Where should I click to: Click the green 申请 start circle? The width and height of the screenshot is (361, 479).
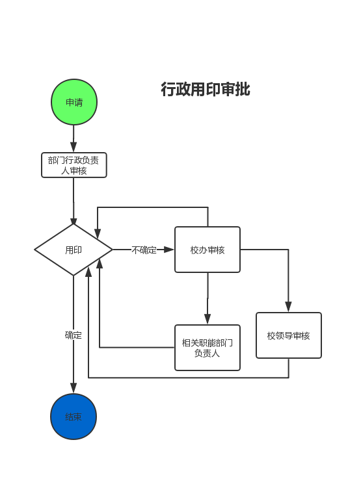tap(74, 102)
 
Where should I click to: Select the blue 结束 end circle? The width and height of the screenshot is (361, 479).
tap(74, 417)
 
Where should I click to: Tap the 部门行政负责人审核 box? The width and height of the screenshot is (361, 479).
tap(74, 165)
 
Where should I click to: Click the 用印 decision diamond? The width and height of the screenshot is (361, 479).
tap(74, 250)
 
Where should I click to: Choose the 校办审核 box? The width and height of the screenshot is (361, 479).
tap(207, 250)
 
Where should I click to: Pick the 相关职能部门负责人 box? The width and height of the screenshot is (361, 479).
tap(207, 348)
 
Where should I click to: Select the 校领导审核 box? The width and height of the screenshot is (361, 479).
tap(289, 335)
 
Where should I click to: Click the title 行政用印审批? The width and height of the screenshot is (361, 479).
tap(206, 89)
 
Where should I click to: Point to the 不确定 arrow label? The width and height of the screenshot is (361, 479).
tap(144, 250)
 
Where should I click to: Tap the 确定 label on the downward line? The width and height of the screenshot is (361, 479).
tap(74, 335)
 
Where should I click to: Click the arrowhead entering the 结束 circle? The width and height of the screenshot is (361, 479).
tap(74, 387)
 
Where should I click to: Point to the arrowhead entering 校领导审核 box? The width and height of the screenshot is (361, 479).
tap(288, 306)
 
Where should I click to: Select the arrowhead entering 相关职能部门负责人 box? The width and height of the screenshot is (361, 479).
tap(207, 318)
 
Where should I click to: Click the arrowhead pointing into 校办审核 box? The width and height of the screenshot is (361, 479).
tap(168, 250)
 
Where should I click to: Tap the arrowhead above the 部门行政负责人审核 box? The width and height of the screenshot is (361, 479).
tap(74, 147)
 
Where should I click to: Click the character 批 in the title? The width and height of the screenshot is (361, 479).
tap(243, 89)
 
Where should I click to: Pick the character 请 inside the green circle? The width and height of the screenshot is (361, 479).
tap(79, 102)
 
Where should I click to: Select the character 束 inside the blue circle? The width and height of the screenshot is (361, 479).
tap(77, 417)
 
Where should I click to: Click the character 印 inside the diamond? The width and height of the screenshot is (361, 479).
tap(77, 250)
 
